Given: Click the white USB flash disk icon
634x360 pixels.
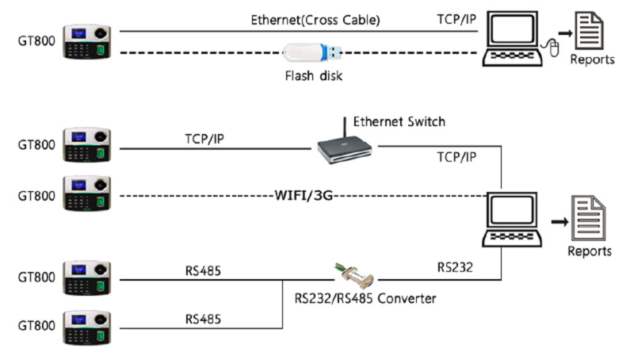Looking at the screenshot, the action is tap(312, 52).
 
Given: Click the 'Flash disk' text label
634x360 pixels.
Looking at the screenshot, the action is tap(313, 75).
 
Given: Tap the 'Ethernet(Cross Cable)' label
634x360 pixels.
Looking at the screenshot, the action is tap(315, 20).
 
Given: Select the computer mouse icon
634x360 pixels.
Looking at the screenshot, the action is tap(552, 48).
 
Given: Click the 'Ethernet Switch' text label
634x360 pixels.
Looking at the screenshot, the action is tap(399, 122).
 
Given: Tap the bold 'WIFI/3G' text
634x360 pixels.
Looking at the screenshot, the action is tap(304, 196).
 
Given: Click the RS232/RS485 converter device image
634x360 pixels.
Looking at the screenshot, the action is tap(354, 275).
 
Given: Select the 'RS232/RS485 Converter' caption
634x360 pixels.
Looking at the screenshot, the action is tap(365, 298).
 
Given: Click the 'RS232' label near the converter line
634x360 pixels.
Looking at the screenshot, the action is tap(455, 267).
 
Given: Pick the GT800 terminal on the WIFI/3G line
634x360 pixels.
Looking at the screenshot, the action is tap(87, 193).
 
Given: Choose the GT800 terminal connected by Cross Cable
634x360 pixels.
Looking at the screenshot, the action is tap(87, 42).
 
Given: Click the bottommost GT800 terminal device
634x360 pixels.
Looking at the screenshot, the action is tap(87, 327).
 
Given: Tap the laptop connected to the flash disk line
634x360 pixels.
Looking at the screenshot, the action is tap(512, 39).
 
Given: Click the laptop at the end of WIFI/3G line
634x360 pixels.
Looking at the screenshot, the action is tap(512, 220).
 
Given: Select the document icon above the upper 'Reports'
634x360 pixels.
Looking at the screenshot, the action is tap(589, 31).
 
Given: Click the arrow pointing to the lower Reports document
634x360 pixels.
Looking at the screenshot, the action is tap(560, 221).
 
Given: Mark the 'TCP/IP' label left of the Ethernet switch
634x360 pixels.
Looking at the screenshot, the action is tap(204, 139).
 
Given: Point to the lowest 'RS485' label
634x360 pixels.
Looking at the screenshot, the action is tap(203, 319).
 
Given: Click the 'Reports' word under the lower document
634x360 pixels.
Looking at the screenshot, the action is tap(590, 251).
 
